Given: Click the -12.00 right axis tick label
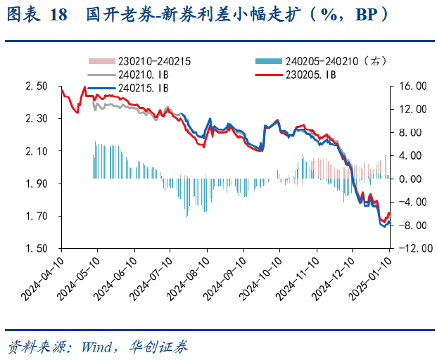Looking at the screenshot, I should pyautogui.click(x=411, y=249).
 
